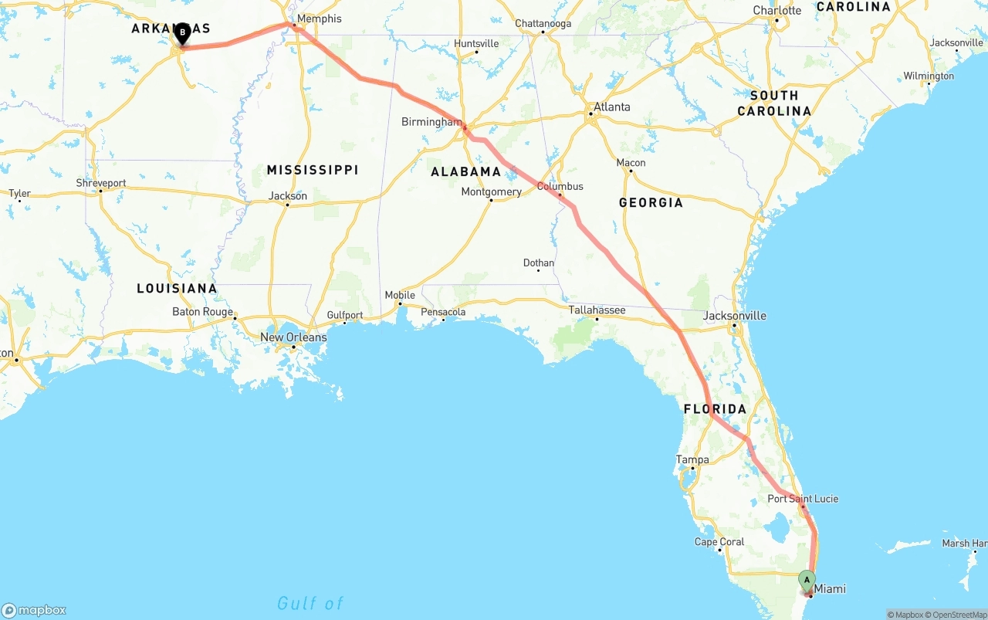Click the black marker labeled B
click(182, 33)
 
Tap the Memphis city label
click(318, 19)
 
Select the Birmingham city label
click(431, 122)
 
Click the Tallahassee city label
click(597, 310)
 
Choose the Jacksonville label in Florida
click(734, 315)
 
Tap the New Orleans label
click(293, 337)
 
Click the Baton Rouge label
click(202, 312)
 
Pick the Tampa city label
click(692, 459)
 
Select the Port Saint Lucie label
click(803, 499)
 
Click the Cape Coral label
click(719, 542)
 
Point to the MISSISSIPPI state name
click(313, 170)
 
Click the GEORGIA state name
click(651, 202)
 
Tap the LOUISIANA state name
click(177, 288)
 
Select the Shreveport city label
click(101, 183)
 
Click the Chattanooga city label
click(543, 23)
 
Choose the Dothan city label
click(539, 263)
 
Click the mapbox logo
click(34, 610)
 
